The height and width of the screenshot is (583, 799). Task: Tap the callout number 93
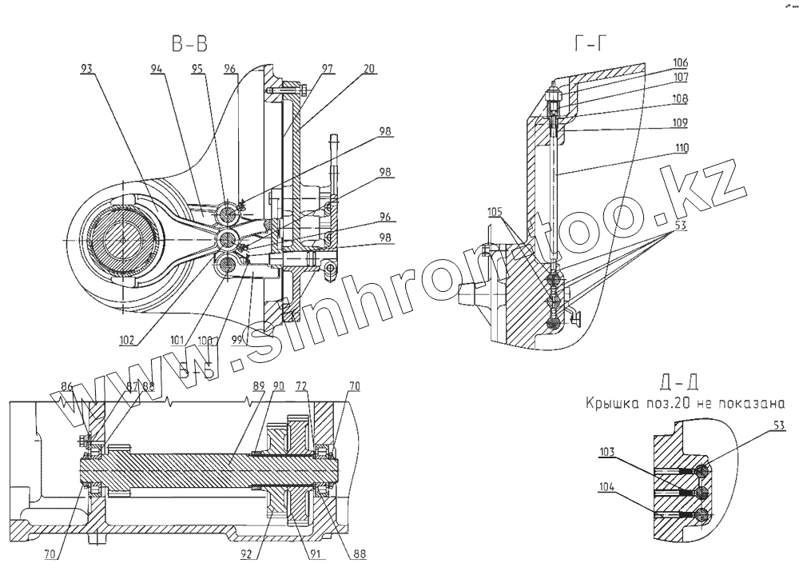[x=89, y=70]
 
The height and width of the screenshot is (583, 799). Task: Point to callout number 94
[x=157, y=70]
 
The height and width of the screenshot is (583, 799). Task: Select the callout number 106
[x=681, y=62]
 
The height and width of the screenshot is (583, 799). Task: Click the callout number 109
[x=681, y=123]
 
